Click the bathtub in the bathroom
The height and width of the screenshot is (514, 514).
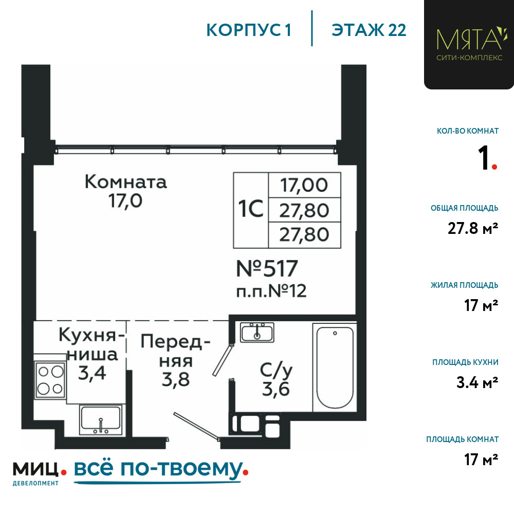(335, 368)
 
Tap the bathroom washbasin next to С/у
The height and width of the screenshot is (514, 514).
(257, 333)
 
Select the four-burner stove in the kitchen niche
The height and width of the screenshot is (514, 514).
(50, 380)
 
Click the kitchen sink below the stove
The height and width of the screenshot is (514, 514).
(101, 420)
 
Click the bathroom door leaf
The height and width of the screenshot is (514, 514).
(223, 360)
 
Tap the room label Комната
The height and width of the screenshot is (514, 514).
(126, 182)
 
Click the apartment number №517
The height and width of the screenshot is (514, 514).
(267, 268)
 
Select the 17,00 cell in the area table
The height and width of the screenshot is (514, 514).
(304, 185)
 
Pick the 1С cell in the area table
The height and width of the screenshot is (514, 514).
(251, 210)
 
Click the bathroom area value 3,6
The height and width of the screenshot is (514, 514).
(276, 389)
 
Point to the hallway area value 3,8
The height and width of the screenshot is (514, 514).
(176, 380)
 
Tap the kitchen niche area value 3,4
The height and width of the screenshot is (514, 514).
(92, 373)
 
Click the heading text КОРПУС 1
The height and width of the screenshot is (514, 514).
(249, 30)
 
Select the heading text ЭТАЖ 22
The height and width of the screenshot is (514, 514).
(369, 30)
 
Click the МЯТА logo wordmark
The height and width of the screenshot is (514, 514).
(469, 39)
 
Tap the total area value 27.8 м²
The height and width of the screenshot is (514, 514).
(473, 228)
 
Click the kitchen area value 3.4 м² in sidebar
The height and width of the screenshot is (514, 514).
(478, 382)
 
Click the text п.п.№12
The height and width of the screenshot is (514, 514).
(271, 291)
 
